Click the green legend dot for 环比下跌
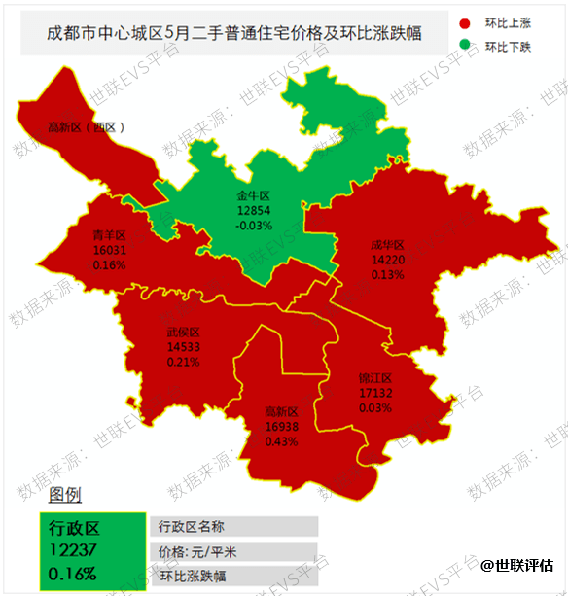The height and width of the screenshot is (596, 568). (466, 46)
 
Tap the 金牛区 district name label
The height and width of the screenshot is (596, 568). (253, 196)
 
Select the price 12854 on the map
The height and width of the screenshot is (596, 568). (253, 210)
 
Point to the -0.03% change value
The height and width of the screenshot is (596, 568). (253, 225)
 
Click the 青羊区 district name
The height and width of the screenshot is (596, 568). (109, 235)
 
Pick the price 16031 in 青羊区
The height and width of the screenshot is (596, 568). (109, 250)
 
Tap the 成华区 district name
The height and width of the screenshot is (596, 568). (387, 246)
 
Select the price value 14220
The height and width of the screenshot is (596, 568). (387, 260)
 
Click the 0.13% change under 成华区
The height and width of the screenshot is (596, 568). (387, 274)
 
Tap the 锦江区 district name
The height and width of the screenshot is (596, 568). (374, 378)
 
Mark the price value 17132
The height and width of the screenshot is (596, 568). (374, 393)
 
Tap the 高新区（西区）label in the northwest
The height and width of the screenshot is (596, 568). (87, 127)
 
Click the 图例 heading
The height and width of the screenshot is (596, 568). (66, 496)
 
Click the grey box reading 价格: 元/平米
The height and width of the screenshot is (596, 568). (233, 551)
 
